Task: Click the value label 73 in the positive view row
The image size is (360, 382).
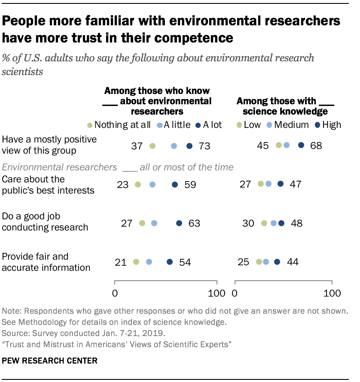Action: pyautogui.click(x=204, y=146)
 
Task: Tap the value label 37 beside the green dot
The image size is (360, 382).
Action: pyautogui.click(x=137, y=146)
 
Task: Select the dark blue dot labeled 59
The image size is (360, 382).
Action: pyautogui.click(x=175, y=185)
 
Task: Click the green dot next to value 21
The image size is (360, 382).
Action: pyautogui.click(x=136, y=262)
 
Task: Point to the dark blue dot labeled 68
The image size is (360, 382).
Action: pyautogui.click(x=301, y=145)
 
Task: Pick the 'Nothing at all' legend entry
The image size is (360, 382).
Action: pyautogui.click(x=119, y=125)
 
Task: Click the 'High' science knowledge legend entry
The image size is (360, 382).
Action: pyautogui.click(x=329, y=125)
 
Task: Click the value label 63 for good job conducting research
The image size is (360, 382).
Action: pyautogui.click(x=194, y=223)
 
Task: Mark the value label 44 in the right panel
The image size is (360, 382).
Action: pyautogui.click(x=293, y=262)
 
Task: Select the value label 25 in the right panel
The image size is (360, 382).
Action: pyautogui.click(x=243, y=262)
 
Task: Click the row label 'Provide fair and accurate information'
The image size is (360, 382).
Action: pyautogui.click(x=46, y=262)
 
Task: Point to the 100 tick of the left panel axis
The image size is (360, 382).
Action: pyautogui.click(x=217, y=294)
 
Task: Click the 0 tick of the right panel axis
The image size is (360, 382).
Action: pyautogui.click(x=235, y=294)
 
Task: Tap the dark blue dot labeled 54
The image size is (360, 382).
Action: pyautogui.click(x=170, y=262)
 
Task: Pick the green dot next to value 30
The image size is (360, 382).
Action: pyautogui.click(x=264, y=223)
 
